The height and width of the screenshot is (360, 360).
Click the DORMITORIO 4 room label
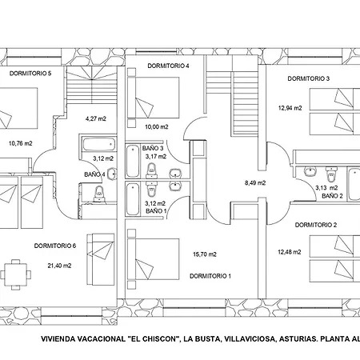(168, 66)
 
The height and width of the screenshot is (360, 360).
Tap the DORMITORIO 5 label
(30, 74)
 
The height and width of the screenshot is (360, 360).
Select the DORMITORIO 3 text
(309, 78)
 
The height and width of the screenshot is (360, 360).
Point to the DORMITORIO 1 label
(210, 276)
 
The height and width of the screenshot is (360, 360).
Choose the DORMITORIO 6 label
(55, 246)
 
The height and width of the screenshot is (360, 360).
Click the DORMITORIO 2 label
(316, 225)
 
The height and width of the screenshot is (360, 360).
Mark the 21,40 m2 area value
(59, 266)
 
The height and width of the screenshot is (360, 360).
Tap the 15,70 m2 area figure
(205, 254)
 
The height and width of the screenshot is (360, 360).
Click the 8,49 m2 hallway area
(255, 183)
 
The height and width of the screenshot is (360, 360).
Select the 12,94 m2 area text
(290, 108)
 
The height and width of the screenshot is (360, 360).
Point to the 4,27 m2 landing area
(96, 118)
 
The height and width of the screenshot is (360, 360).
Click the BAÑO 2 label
(332, 196)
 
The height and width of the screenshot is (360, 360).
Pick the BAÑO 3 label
(153, 148)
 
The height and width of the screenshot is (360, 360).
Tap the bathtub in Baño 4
(99, 144)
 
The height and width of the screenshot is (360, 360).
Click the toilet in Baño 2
(331, 174)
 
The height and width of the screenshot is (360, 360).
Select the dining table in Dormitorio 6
(15, 274)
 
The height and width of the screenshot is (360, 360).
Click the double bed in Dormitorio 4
(154, 98)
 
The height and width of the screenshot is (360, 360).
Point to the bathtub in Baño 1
(133, 199)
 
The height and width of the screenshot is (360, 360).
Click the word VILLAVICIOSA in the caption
(250, 339)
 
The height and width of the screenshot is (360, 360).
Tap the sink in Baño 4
(113, 174)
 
